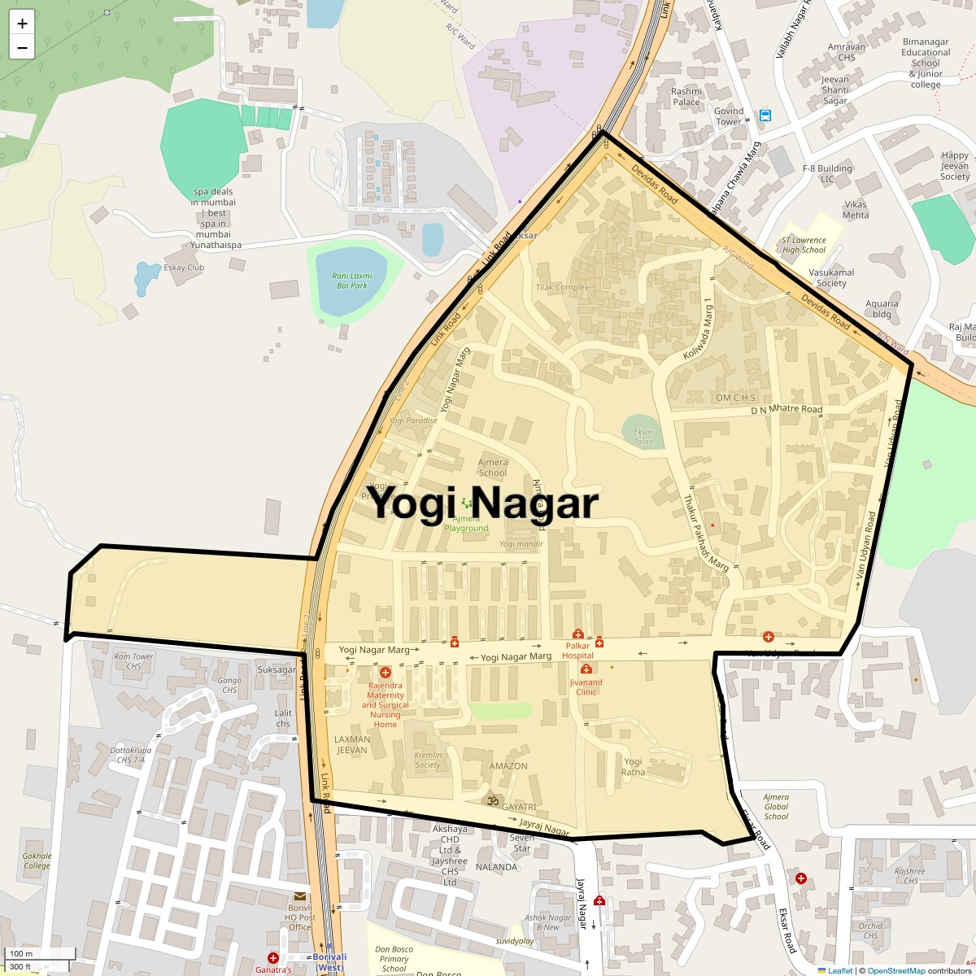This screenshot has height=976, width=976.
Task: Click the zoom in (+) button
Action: pyautogui.click(x=22, y=23)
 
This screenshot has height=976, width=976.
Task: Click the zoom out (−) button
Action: pyautogui.click(x=22, y=47)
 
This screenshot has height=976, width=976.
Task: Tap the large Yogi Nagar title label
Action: pyautogui.click(x=485, y=503)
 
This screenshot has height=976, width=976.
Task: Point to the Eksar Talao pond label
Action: pyautogui.click(x=643, y=437)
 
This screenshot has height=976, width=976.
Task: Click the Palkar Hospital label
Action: pyautogui.click(x=577, y=650)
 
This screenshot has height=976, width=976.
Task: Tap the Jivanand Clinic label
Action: pyautogui.click(x=586, y=687)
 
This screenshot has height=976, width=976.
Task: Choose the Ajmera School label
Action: pyautogui.click(x=493, y=468)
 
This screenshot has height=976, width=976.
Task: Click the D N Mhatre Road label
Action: pyautogui.click(x=786, y=409)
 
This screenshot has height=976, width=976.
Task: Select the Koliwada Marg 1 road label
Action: pyautogui.click(x=698, y=329)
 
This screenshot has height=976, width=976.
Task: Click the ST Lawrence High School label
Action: pyautogui.click(x=804, y=245)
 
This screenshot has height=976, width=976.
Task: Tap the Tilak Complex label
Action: pyautogui.click(x=562, y=288)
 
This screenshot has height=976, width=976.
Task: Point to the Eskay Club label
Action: pyautogui.click(x=184, y=268)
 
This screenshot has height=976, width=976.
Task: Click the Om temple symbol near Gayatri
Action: pyautogui.click(x=491, y=801)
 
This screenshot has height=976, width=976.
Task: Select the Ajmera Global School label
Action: pyautogui.click(x=776, y=807)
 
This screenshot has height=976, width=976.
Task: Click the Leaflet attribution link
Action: pyautogui.click(x=839, y=970)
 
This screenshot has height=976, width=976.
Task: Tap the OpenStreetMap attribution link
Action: pyautogui.click(x=895, y=970)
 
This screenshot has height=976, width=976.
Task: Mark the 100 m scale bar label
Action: pyautogui.click(x=21, y=954)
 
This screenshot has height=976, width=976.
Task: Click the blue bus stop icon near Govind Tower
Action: pyautogui.click(x=765, y=115)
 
